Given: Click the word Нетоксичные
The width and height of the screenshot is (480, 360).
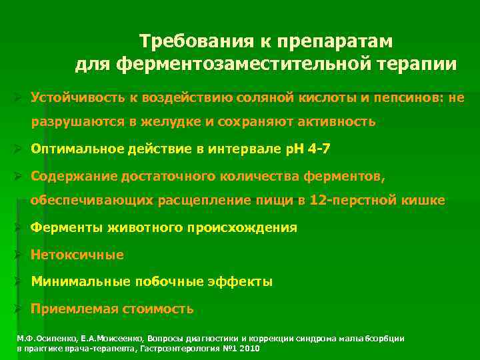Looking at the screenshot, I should [77, 255].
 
